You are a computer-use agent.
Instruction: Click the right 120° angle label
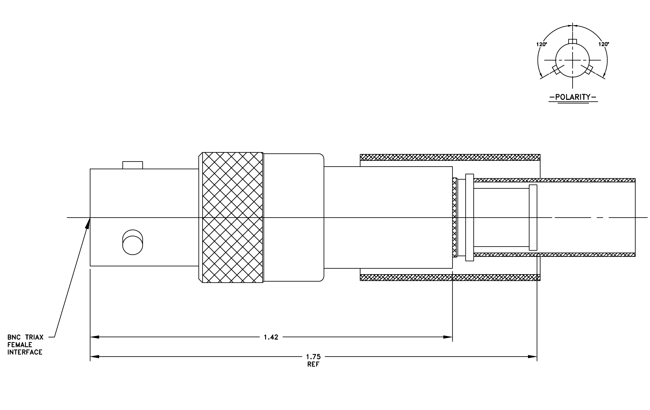(x=604, y=44)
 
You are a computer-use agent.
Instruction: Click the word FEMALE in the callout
(x=20, y=345)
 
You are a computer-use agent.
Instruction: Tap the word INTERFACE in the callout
(x=25, y=352)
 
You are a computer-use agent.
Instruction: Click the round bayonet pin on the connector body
(x=133, y=242)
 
